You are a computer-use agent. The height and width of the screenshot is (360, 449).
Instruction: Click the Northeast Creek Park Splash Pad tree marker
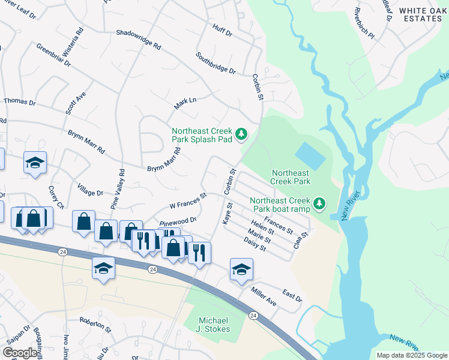coord(241,134)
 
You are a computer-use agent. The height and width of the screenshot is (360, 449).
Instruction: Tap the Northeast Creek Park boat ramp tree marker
coord(320,205)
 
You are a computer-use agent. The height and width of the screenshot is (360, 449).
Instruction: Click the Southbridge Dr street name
coord(215,63)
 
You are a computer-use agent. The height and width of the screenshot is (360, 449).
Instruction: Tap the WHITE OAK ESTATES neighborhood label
coord(420,14)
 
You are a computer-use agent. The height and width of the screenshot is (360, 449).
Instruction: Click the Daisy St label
coord(255,244)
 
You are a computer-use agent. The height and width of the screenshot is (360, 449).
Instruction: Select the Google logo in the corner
coord(20,353)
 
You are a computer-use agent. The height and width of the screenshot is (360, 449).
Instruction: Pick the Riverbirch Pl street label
coord(364,24)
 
